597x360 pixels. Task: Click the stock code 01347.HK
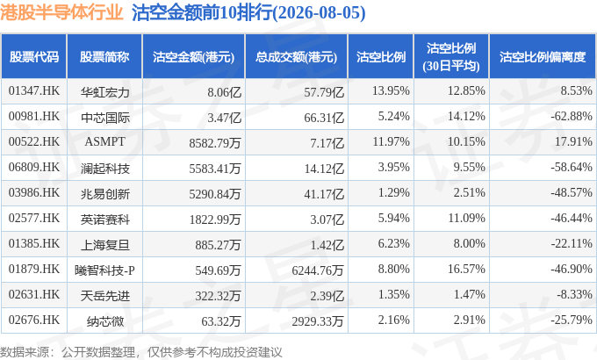click(34, 91)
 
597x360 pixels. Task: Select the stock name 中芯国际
click(105, 118)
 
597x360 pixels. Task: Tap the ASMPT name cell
click(104, 141)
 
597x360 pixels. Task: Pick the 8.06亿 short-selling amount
click(224, 92)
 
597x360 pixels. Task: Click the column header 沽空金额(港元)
click(193, 57)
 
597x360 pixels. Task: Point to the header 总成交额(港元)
click(296, 57)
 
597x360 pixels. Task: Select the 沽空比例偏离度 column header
click(543, 57)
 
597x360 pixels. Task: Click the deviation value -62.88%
click(572, 116)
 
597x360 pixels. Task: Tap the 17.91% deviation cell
click(573, 141)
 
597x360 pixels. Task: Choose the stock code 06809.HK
click(34, 167)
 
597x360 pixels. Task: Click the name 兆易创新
click(105, 194)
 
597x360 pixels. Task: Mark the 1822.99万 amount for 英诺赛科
click(215, 220)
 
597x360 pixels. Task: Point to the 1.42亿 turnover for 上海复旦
click(327, 245)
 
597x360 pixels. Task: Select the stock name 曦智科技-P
click(104, 270)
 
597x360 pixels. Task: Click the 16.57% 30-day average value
click(466, 269)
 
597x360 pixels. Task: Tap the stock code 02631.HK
click(34, 294)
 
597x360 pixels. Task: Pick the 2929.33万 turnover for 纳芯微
click(318, 321)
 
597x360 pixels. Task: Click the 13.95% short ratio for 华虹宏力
click(391, 91)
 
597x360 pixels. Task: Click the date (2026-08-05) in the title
click(319, 13)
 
